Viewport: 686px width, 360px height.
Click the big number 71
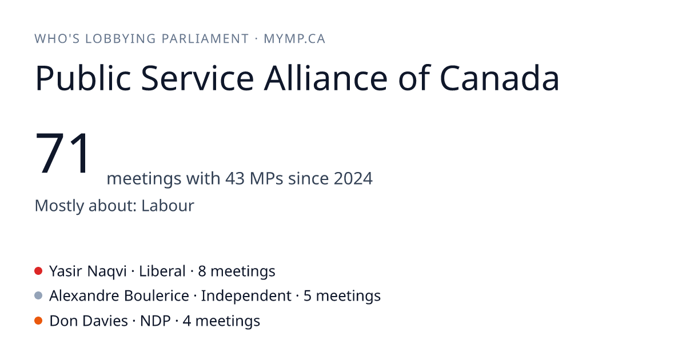click(x=62, y=153)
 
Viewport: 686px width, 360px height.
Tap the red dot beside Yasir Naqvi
click(x=38, y=271)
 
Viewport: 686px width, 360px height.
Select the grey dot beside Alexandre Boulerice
click(x=38, y=296)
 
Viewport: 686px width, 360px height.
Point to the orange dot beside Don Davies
click(x=38, y=321)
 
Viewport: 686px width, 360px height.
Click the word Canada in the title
click(x=500, y=78)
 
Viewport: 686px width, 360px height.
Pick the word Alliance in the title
click(x=326, y=78)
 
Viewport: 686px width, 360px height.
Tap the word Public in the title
click(x=83, y=78)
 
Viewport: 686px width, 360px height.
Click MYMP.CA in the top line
click(x=294, y=39)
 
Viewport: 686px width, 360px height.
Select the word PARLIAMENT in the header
click(x=205, y=39)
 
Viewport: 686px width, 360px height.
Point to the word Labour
click(x=167, y=205)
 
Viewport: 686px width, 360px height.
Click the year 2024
click(x=353, y=178)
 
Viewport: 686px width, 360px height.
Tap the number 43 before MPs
click(x=235, y=178)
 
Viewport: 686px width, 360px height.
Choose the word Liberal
click(x=162, y=271)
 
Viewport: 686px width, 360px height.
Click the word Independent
click(x=246, y=296)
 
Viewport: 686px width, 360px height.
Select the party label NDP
click(x=155, y=321)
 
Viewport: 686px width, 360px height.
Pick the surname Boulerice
click(x=157, y=296)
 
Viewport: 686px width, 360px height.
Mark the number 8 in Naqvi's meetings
click(x=202, y=271)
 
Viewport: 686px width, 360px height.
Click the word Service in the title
click(x=198, y=78)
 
